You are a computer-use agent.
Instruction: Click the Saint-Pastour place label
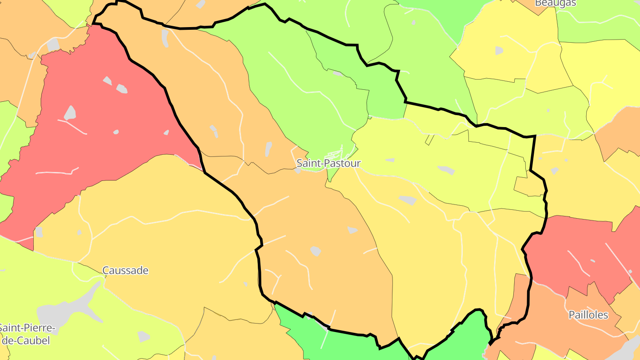(328, 163)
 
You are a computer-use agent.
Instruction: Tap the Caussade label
(125, 270)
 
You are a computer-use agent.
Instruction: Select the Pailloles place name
(588, 315)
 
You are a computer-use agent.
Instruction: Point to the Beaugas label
(555, 3)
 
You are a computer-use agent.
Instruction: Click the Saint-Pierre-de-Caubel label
(27, 335)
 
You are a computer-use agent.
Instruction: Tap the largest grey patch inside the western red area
(70, 113)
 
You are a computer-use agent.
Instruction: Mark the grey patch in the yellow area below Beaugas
(499, 51)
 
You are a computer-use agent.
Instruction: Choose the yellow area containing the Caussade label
(169, 249)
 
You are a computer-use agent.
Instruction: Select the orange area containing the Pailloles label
(556, 329)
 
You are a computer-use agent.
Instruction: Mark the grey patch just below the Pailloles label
(631, 347)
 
